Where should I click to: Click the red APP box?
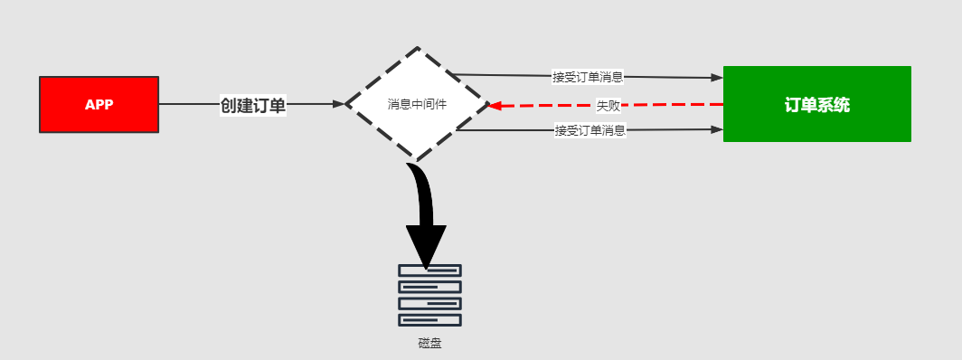(x=99, y=104)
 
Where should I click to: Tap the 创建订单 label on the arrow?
(x=253, y=105)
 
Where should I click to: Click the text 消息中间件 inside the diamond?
(x=417, y=104)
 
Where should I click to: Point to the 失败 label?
(x=608, y=105)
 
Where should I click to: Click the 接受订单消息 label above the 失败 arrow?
(x=588, y=77)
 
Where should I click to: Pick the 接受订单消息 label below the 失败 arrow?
(x=590, y=130)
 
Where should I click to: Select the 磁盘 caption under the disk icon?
(x=429, y=343)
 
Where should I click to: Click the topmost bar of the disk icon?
(x=429, y=270)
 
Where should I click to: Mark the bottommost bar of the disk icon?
(x=429, y=319)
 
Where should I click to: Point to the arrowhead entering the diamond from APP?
(x=338, y=104)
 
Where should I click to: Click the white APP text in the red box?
(x=99, y=104)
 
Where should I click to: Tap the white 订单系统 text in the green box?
(x=816, y=105)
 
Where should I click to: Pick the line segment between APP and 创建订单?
(x=188, y=104)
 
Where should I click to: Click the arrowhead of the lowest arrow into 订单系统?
(x=717, y=129)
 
